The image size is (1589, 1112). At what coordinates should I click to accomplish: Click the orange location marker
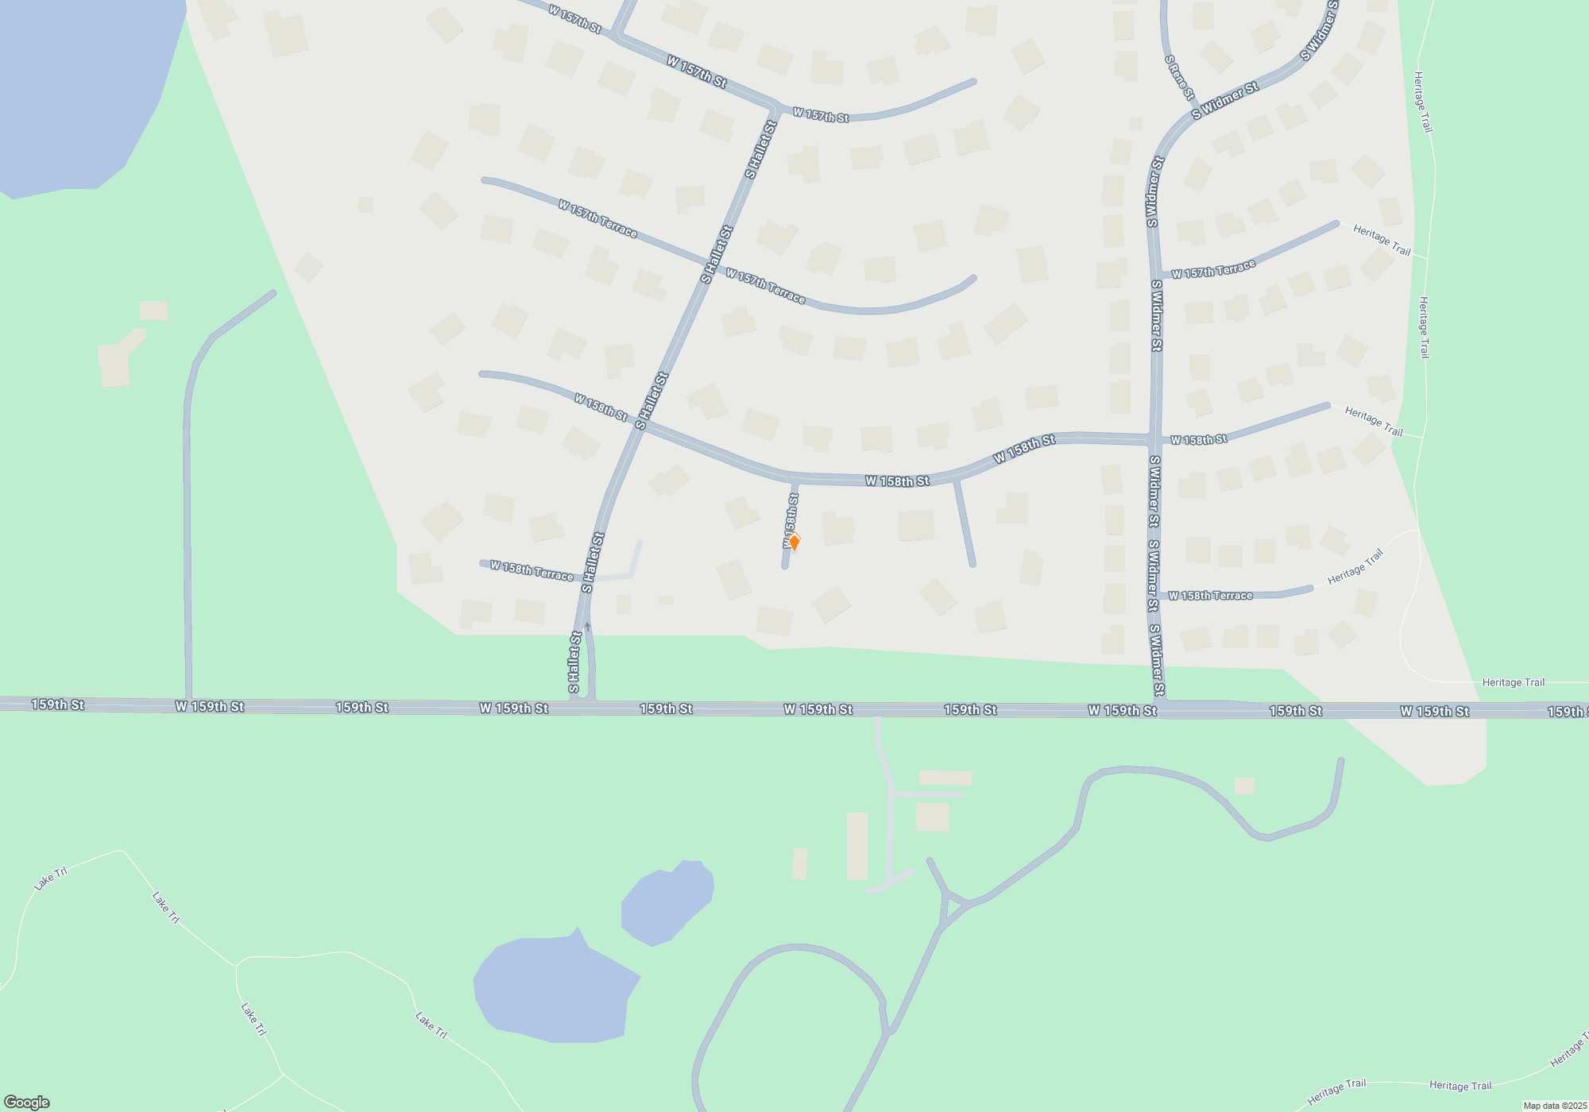click(793, 542)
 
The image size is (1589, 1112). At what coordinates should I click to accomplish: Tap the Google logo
click(26, 1102)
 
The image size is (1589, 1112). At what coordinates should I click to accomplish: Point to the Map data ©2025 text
click(1554, 1106)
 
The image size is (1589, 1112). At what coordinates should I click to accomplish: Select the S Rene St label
click(1179, 77)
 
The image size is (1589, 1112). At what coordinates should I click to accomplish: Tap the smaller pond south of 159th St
click(668, 902)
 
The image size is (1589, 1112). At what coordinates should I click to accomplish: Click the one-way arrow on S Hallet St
click(587, 627)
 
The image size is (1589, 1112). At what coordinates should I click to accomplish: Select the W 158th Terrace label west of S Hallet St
click(531, 570)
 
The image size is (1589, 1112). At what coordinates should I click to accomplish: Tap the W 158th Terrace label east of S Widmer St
click(1210, 596)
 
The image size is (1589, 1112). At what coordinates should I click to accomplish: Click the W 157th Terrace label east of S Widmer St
click(1212, 269)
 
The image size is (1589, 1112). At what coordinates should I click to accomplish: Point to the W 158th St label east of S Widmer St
click(1198, 440)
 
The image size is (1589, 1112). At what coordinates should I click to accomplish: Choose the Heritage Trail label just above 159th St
click(1513, 682)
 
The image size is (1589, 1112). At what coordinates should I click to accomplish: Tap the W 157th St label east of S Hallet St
click(821, 116)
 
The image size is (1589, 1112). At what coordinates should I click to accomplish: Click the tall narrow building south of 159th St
click(856, 845)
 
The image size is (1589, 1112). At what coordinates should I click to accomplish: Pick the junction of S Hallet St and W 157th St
click(775, 106)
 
